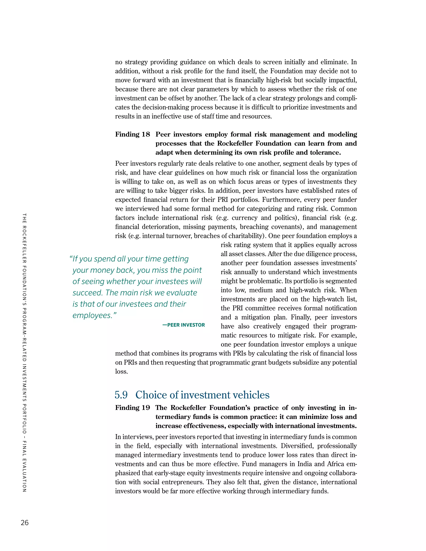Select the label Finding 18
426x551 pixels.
click(x=133, y=134)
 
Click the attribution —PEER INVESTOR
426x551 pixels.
click(x=183, y=325)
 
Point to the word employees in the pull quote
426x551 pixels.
click(x=92, y=315)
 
